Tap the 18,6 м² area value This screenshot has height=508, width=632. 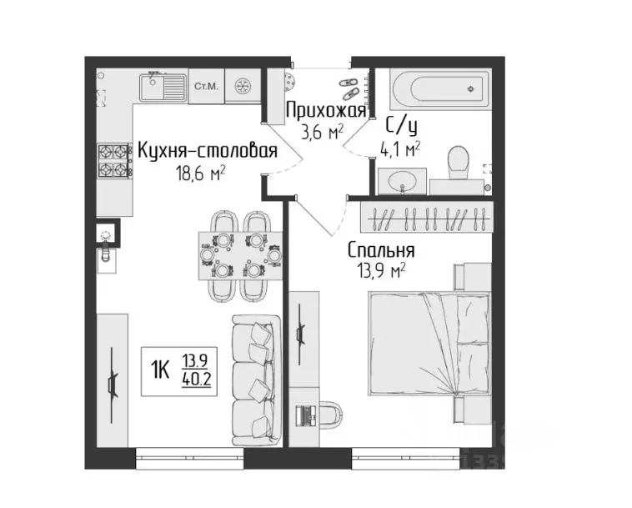click(200, 173)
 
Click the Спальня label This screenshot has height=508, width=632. click(381, 249)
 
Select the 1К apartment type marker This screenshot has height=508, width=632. click(162, 367)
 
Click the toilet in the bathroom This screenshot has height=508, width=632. click(458, 163)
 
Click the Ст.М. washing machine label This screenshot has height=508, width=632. click(205, 86)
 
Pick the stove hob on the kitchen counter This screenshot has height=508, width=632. click(115, 161)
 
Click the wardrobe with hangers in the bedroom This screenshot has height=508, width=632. click(424, 219)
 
